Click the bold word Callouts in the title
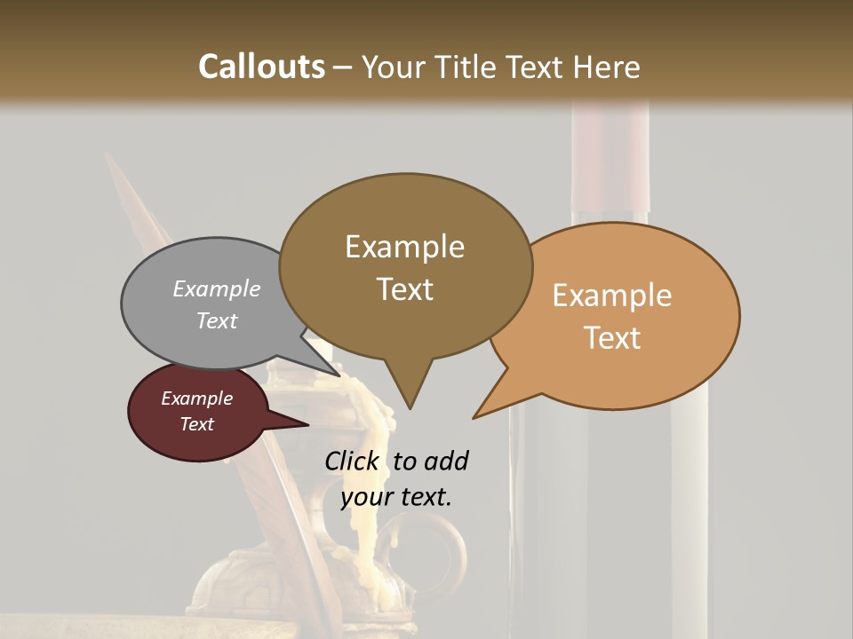pyautogui.click(x=261, y=67)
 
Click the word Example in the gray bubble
pyautogui.click(x=217, y=289)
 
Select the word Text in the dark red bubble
pyautogui.click(x=197, y=424)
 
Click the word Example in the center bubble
pyautogui.click(x=404, y=247)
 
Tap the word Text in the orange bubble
pyautogui.click(x=613, y=338)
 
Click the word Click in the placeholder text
pyautogui.click(x=352, y=461)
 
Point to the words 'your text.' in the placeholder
pyautogui.click(x=396, y=497)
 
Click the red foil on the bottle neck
pyautogui.click(x=610, y=160)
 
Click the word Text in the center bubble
pyautogui.click(x=405, y=289)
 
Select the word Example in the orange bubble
pyautogui.click(x=612, y=296)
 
